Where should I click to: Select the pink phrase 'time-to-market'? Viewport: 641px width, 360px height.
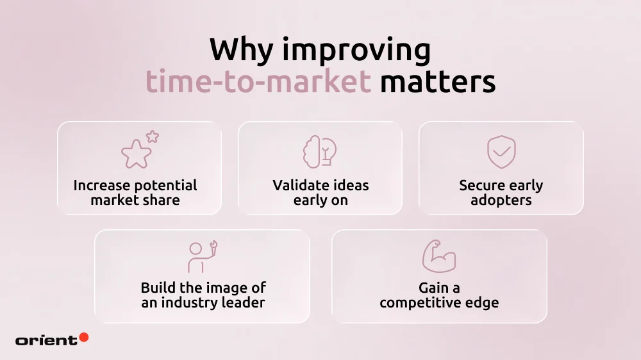coord(258,83)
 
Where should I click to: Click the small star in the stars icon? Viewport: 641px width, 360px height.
coord(152,136)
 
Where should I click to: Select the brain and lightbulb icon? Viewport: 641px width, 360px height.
coord(320,152)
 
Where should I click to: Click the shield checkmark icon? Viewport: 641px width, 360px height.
coord(501,152)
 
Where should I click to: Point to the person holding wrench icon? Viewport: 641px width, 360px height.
coord(199,256)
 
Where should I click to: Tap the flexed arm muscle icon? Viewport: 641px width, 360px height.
coord(439,256)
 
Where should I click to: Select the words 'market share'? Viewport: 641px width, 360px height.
coord(135,200)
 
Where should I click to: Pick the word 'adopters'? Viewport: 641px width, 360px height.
coord(501,200)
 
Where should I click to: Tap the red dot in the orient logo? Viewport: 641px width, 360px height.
coord(83,337)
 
